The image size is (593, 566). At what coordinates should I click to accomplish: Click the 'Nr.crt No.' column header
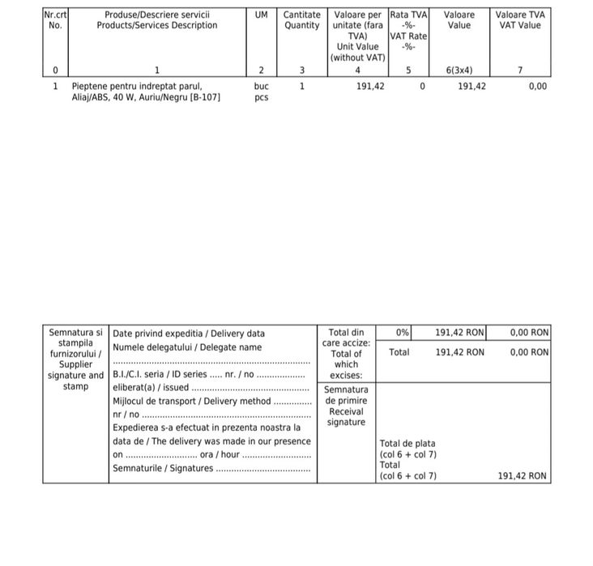pyautogui.click(x=55, y=20)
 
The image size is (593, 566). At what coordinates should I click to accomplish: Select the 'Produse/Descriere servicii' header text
pyautogui.click(x=157, y=15)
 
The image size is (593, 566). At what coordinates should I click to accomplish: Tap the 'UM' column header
pyautogui.click(x=261, y=15)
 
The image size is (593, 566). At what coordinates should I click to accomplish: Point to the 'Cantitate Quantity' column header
pyautogui.click(x=301, y=20)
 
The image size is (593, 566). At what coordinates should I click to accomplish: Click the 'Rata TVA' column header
pyautogui.click(x=409, y=15)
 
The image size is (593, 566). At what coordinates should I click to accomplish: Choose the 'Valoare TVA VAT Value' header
pyautogui.click(x=520, y=20)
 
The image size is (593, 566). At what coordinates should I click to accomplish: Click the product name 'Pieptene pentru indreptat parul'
pyautogui.click(x=137, y=86)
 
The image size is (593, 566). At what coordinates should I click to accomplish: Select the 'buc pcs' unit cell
pyautogui.click(x=261, y=91)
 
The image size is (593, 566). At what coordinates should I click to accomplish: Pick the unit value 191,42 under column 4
pyautogui.click(x=370, y=86)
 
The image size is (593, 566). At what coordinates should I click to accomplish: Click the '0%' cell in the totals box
pyautogui.click(x=403, y=332)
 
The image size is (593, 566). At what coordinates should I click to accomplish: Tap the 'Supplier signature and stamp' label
pyautogui.click(x=75, y=370)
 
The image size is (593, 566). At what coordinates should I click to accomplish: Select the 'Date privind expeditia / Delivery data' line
pyautogui.click(x=189, y=333)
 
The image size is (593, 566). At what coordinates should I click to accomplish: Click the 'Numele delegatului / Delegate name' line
pyautogui.click(x=187, y=347)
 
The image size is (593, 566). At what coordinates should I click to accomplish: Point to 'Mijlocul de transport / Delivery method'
pyautogui.click(x=192, y=401)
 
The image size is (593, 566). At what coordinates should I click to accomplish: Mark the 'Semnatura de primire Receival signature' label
pyautogui.click(x=346, y=406)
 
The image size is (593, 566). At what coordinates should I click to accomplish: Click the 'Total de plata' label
pyautogui.click(x=407, y=444)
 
